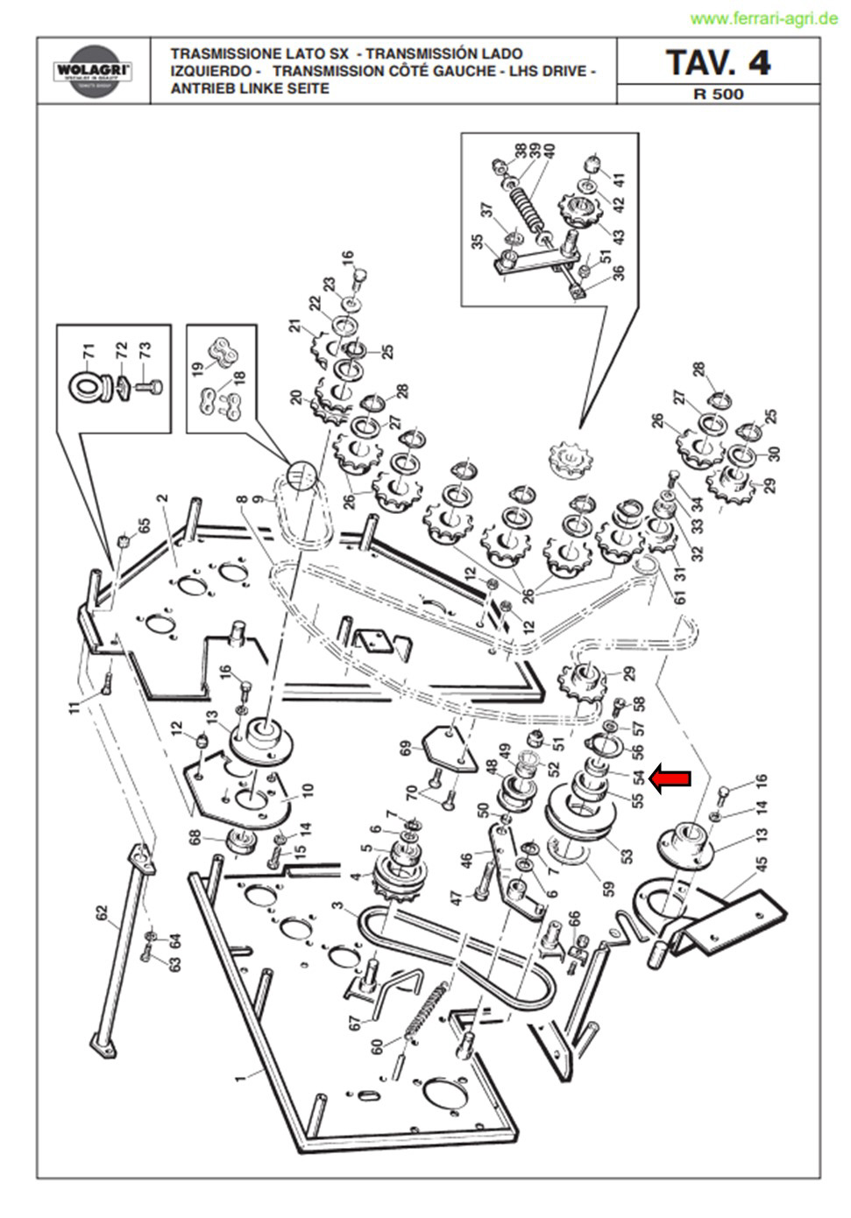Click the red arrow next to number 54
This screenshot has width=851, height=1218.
coord(671,779)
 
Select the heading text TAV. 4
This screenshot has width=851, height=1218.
coord(718,62)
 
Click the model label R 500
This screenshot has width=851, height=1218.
coord(719,94)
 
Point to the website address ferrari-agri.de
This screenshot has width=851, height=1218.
coord(763,19)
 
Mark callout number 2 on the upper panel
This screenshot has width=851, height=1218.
coord(161,498)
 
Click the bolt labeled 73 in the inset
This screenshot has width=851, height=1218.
coord(147,388)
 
